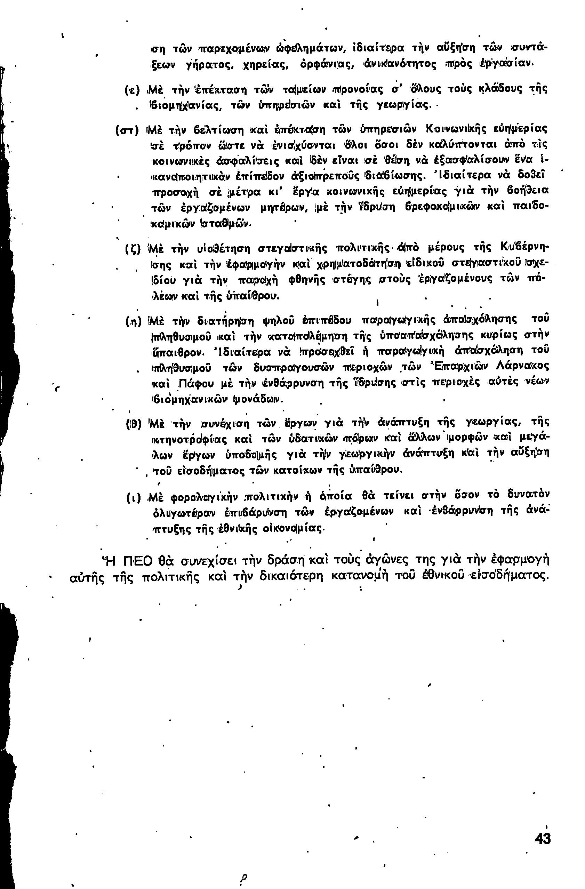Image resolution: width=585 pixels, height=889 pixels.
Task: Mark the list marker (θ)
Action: coord(133,425)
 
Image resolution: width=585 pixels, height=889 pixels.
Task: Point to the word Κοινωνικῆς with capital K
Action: coord(458,130)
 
